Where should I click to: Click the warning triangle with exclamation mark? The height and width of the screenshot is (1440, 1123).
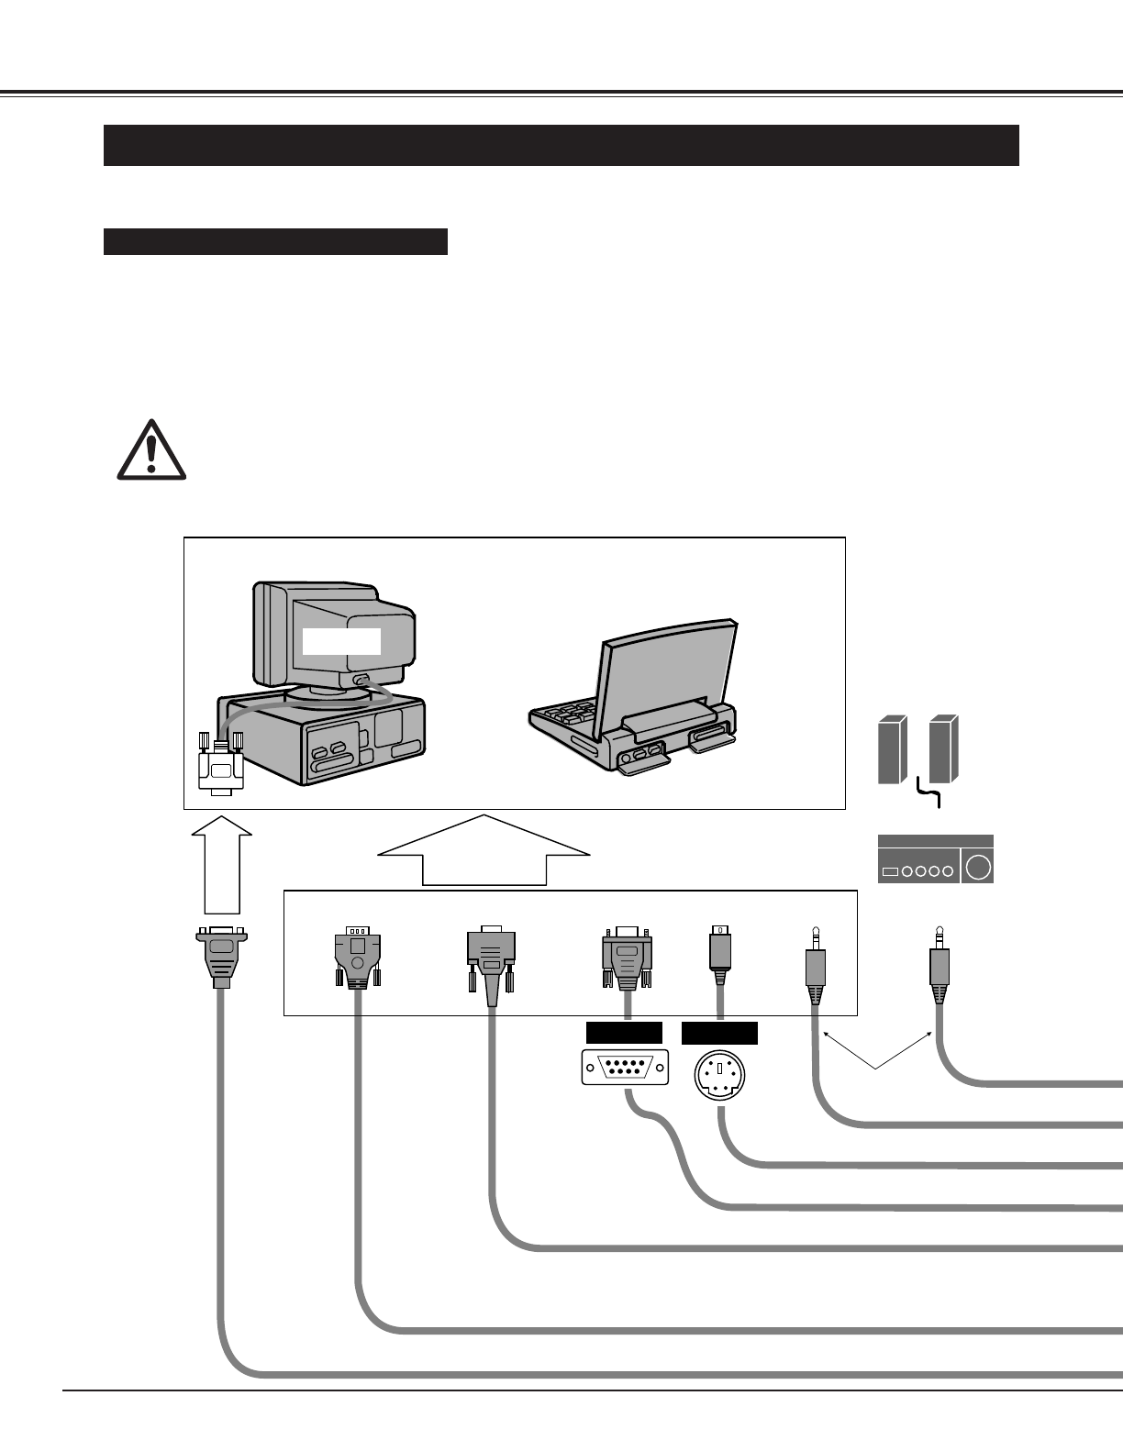(x=151, y=450)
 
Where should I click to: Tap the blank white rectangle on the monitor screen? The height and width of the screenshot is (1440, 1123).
(x=341, y=641)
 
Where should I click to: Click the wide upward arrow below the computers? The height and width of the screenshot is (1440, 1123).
(x=484, y=851)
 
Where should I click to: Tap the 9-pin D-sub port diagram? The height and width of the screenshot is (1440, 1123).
(x=625, y=1068)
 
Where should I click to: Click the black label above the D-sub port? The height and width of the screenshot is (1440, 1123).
(x=624, y=1033)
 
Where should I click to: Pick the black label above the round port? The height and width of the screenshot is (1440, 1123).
(x=719, y=1033)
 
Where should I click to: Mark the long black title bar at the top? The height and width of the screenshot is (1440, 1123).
(x=561, y=145)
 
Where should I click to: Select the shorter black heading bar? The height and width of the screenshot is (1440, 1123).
(x=275, y=241)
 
